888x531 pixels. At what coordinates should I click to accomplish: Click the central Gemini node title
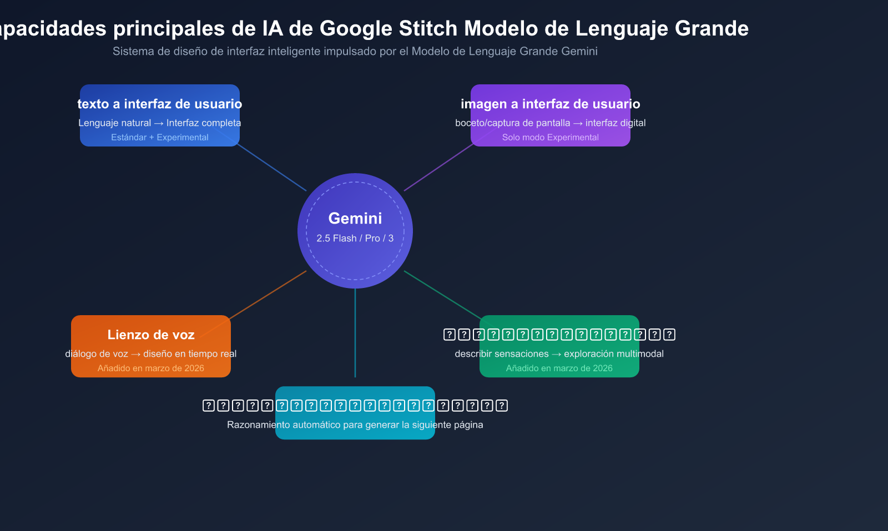[355, 218]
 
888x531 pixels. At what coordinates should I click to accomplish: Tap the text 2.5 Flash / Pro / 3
[355, 238]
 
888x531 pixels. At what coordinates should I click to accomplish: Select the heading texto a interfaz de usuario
[160, 104]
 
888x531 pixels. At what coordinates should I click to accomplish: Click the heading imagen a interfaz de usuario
[550, 104]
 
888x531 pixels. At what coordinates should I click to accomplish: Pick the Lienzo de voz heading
[151, 335]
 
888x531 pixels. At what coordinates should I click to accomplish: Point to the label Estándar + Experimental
[160, 137]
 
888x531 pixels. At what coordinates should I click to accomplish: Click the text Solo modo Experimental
[550, 137]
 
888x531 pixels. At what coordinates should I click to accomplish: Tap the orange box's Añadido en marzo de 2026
[151, 368]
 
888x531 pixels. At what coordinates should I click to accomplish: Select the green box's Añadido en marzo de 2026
[559, 368]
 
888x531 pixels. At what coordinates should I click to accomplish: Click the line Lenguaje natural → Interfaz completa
[160, 123]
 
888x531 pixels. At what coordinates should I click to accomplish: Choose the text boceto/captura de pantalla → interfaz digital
[550, 123]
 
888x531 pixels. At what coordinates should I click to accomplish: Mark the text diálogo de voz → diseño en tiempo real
[151, 353]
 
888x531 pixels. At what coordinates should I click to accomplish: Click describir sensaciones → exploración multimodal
[559, 353]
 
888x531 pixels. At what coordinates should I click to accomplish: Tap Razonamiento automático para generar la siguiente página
[355, 424]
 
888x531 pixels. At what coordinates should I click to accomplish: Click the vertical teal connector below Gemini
[355, 333]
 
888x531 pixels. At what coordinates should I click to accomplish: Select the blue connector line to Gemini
[272, 168]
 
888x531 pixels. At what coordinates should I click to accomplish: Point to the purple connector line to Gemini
[438, 168]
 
